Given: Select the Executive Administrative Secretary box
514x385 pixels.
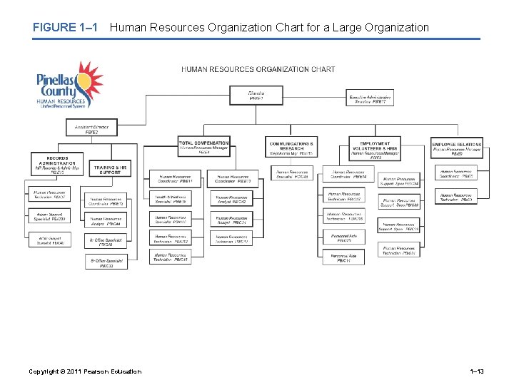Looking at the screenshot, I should [x=370, y=99].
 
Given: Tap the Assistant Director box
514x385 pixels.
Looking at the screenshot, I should [x=91, y=129].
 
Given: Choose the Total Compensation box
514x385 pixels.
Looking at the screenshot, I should [x=204, y=148].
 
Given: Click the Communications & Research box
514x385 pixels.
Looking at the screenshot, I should [x=291, y=148].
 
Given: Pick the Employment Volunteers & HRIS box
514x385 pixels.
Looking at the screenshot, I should [x=376, y=148].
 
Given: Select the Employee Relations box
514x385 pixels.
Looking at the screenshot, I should [x=457, y=148].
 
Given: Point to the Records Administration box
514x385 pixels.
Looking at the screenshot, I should [x=57, y=165].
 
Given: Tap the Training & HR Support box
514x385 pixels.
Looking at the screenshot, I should [x=111, y=169].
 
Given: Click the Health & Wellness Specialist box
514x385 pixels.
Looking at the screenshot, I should [x=171, y=200].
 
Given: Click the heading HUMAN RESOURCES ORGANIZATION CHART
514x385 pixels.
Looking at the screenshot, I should [x=258, y=69].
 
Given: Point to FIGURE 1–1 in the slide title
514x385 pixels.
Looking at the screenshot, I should [x=64, y=28].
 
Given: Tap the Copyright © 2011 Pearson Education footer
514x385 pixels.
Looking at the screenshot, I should [x=84, y=371].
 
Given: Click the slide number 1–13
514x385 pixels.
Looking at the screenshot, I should [x=475, y=371].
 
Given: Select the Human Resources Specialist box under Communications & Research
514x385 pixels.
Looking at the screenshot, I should [x=291, y=174].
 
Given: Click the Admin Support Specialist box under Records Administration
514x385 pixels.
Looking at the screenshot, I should [x=51, y=217].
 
